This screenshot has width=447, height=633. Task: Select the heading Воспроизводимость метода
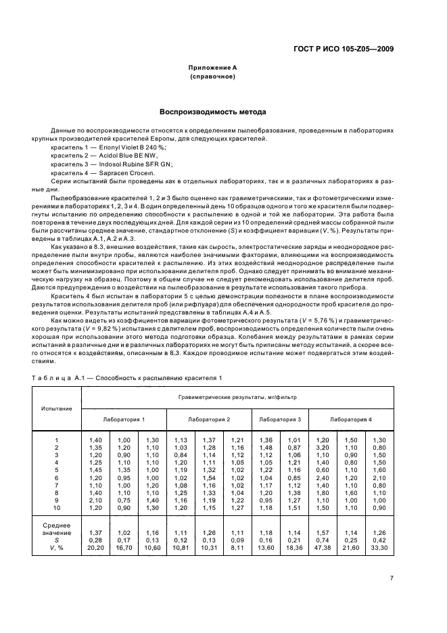[212, 112]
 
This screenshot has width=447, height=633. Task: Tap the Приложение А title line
[212, 68]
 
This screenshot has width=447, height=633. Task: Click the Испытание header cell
[56, 409]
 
